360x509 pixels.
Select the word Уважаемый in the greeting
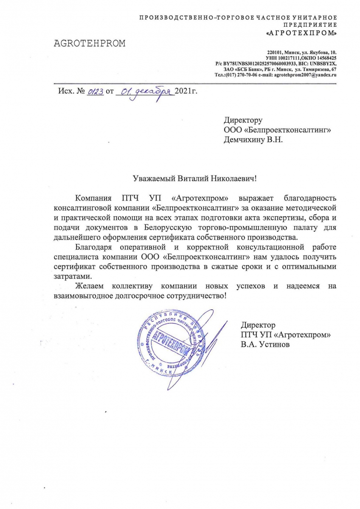[x=150, y=179]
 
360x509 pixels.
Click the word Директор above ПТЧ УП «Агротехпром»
[x=258, y=325]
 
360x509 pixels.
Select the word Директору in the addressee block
[x=243, y=120]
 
